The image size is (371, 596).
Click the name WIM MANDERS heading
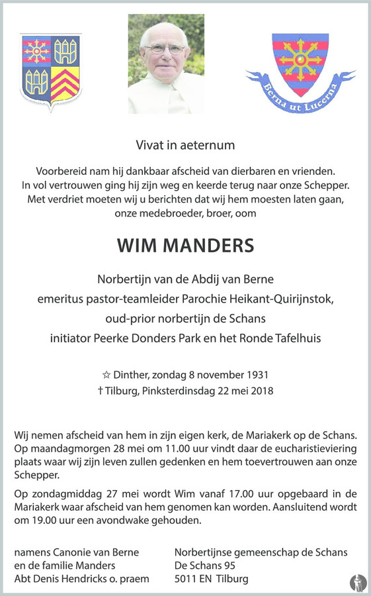point(185,245)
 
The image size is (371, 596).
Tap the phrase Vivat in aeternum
point(185,144)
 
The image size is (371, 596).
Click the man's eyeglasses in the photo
point(165,49)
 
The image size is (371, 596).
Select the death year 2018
point(260,390)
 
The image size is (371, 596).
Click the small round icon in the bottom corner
point(358,582)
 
